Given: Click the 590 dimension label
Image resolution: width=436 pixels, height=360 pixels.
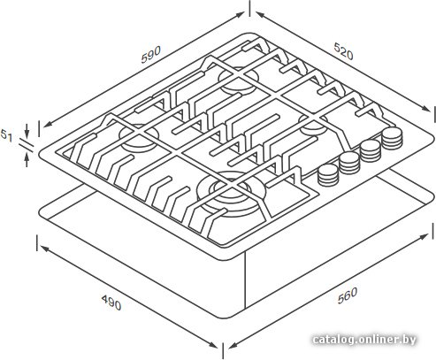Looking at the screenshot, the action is pyautogui.click(x=151, y=55).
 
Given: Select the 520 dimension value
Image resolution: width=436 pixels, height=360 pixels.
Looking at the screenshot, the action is pyautogui.click(x=343, y=51).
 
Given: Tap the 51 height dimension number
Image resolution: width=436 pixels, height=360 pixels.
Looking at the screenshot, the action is pyautogui.click(x=6, y=135).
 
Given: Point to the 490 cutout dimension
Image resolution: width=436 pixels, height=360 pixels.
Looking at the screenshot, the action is pyautogui.click(x=111, y=303).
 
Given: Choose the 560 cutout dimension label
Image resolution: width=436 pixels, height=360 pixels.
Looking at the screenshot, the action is pyautogui.click(x=348, y=295).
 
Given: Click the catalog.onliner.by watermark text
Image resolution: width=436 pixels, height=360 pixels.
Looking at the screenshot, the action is pyautogui.click(x=364, y=340).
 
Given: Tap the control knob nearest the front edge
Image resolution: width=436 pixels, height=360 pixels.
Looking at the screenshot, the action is pyautogui.click(x=328, y=175).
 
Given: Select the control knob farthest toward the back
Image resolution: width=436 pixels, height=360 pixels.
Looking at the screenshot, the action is pyautogui.click(x=392, y=139).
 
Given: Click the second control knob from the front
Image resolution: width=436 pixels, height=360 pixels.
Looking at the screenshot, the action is pyautogui.click(x=349, y=163).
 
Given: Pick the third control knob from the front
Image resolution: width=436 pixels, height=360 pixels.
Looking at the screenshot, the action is pyautogui.click(x=371, y=150).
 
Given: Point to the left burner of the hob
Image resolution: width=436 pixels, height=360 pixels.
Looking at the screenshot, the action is pyautogui.click(x=139, y=136).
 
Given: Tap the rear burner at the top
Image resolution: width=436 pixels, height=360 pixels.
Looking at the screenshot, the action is pyautogui.click(x=239, y=80).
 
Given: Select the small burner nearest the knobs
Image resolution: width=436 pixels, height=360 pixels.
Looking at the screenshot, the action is pyautogui.click(x=313, y=125).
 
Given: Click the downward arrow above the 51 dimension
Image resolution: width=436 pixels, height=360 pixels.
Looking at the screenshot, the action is pyautogui.click(x=27, y=131).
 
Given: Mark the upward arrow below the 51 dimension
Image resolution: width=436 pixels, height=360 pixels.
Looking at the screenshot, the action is pyautogui.click(x=27, y=159).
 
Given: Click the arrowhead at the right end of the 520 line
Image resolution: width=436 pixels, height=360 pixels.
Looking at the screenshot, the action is pyautogui.click(x=426, y=109).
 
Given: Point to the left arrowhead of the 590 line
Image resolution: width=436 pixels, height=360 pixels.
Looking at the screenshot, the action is pyautogui.click(x=47, y=125).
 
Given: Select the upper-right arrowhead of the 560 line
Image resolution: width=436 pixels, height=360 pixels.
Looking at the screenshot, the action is pyautogui.click(x=424, y=236).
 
